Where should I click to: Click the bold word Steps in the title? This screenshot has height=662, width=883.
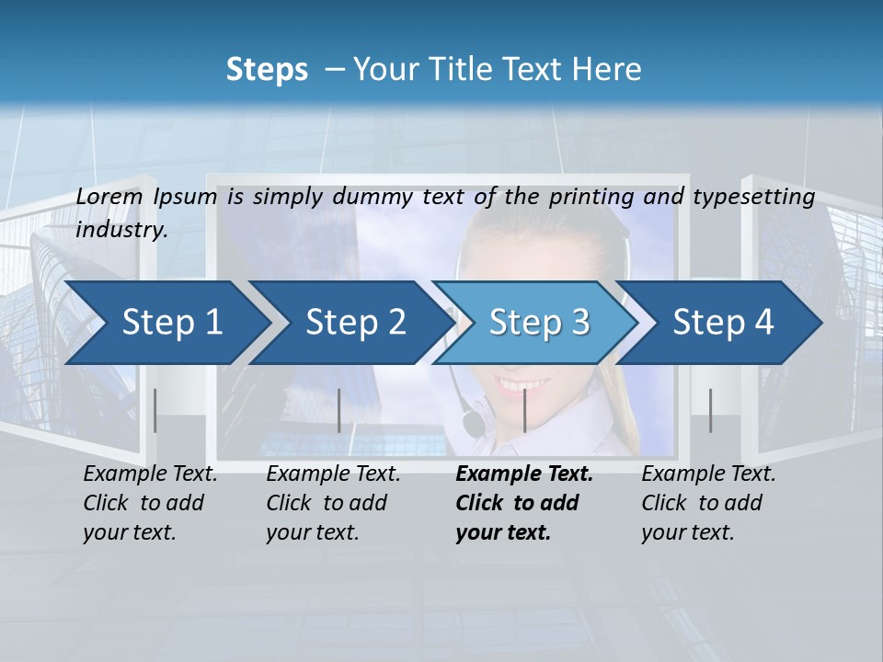point(267,69)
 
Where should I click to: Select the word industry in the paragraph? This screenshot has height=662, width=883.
point(120,229)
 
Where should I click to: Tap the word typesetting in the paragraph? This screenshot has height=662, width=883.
point(762,196)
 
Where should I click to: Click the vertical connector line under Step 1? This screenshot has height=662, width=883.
point(155,410)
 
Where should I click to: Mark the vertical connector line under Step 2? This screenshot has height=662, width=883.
point(339,410)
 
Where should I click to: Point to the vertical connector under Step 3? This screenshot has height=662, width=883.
point(524,410)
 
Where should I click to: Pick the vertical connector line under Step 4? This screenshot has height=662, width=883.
point(710,410)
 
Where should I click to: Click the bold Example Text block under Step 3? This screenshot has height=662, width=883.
point(524,503)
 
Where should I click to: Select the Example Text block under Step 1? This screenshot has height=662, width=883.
point(150,503)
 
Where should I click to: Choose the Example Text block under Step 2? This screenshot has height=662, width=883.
point(333,503)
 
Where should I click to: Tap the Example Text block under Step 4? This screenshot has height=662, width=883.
point(708,503)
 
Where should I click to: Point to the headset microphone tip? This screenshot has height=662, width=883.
point(473,424)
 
